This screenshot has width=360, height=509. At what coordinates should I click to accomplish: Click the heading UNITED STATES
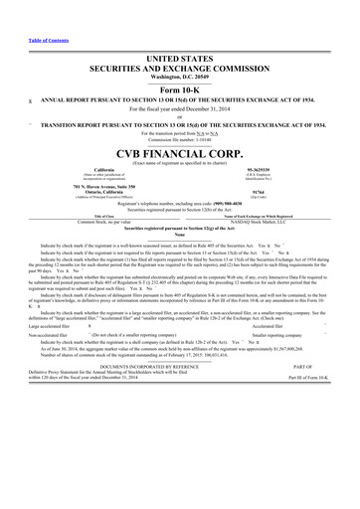(x=179, y=33)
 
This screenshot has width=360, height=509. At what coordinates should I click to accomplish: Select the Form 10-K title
(x=179, y=66)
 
